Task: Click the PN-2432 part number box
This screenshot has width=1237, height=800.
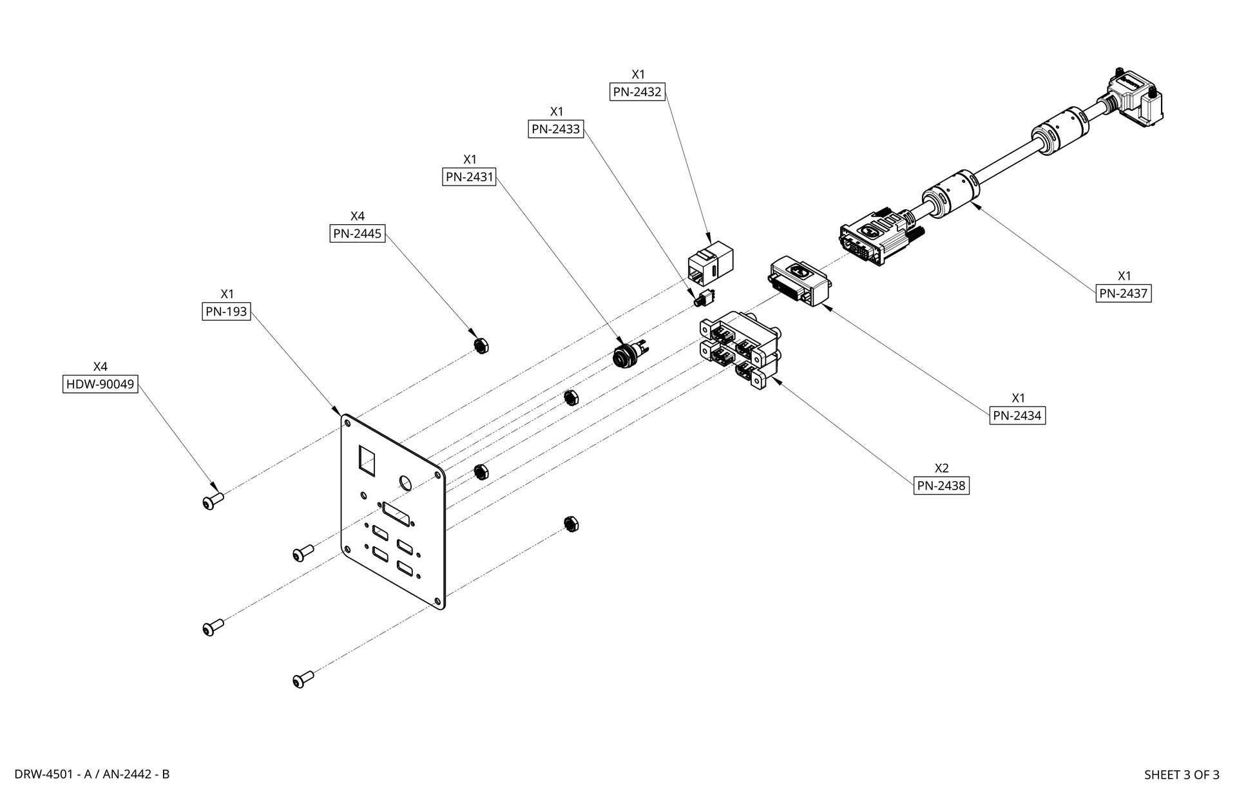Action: [637, 91]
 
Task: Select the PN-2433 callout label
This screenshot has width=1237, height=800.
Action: [555, 129]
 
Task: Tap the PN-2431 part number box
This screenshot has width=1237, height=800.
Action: [469, 176]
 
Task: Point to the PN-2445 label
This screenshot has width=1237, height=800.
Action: [357, 233]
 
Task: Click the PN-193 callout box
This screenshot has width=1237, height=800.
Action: [226, 312]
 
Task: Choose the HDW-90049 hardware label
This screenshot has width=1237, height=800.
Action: [101, 385]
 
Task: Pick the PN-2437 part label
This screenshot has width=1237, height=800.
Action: [1123, 294]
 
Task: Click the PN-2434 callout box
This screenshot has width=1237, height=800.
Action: [1017, 415]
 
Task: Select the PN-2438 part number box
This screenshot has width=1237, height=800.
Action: [941, 486]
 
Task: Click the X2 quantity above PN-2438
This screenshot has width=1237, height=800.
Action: [941, 468]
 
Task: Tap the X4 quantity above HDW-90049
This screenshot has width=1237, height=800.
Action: [101, 367]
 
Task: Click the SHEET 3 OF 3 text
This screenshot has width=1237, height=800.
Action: [1181, 775]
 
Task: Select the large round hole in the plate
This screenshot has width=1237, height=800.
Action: [407, 483]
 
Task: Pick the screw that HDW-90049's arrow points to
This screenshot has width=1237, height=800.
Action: [212, 501]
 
